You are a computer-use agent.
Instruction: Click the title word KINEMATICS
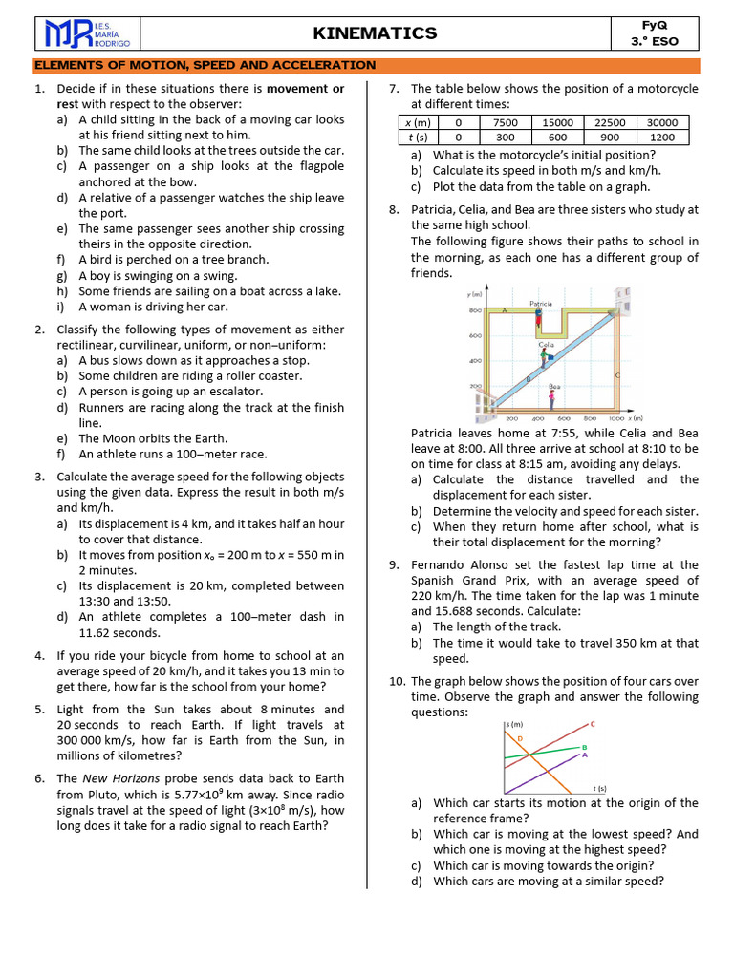[x=375, y=33]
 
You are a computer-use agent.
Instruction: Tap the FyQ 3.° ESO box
[x=654, y=33]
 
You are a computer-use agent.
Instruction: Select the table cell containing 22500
[x=610, y=122]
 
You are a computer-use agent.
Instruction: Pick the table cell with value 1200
[x=662, y=137]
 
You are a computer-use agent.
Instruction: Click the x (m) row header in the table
[x=418, y=122]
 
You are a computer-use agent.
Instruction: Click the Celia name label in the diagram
[x=547, y=344]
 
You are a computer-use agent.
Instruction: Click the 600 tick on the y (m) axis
[x=473, y=336]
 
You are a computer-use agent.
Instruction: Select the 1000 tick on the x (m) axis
[x=616, y=418]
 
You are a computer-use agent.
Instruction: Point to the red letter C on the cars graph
[x=593, y=724]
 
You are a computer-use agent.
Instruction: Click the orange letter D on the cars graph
[x=520, y=738]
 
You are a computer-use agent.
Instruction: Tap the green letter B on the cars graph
[x=584, y=746]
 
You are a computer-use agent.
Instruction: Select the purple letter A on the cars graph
[x=584, y=755]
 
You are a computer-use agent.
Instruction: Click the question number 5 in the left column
[x=38, y=710]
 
